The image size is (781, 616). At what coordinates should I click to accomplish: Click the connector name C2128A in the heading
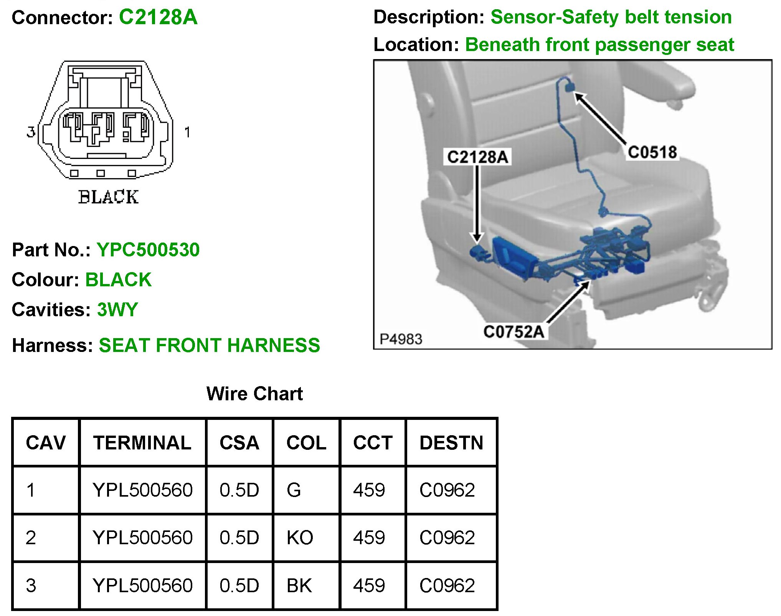point(158,17)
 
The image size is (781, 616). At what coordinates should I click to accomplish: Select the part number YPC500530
point(148,250)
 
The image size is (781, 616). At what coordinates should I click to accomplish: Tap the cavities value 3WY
point(117,309)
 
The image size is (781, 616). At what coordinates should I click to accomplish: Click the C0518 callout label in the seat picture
point(652,152)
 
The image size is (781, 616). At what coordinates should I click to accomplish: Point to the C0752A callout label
point(514,332)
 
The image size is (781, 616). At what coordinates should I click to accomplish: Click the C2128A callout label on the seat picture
point(477,157)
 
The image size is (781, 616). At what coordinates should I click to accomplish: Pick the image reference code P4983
point(401,339)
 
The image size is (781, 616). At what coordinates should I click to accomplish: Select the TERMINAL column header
point(142,443)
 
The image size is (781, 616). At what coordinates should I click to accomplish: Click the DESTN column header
point(451,443)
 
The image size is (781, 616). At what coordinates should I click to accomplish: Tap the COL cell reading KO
point(300,537)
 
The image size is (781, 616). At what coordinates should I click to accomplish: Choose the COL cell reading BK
point(299,585)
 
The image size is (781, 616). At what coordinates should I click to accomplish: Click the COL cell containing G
point(294,490)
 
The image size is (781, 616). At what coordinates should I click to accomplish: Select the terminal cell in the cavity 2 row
point(142,537)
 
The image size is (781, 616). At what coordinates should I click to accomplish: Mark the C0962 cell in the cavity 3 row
point(447,585)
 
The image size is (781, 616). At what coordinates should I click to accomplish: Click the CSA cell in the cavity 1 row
point(239,490)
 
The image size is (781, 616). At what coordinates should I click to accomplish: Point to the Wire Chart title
point(254,394)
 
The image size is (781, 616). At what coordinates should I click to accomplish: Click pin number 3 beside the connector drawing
point(31,132)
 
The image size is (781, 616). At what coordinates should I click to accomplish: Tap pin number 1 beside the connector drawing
point(187,132)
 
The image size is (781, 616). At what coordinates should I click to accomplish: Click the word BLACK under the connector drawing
point(108,197)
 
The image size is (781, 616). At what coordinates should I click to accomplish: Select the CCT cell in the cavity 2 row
point(369,537)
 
